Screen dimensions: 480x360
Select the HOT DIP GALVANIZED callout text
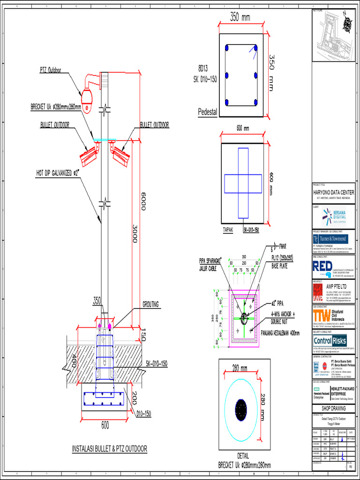pyautogui.click(x=58, y=172)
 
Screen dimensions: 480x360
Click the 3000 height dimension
pyautogui.click(x=134, y=232)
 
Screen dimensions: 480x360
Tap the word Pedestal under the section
pyautogui.click(x=208, y=112)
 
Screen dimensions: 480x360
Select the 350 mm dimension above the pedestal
pyautogui.click(x=240, y=18)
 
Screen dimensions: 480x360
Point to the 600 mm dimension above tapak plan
pyautogui.click(x=242, y=128)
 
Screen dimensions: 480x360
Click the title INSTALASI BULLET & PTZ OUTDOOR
pyautogui.click(x=109, y=449)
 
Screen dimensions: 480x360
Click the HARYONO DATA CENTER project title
pyautogui.click(x=333, y=193)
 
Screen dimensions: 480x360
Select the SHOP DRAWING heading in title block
pyautogui.click(x=333, y=408)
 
